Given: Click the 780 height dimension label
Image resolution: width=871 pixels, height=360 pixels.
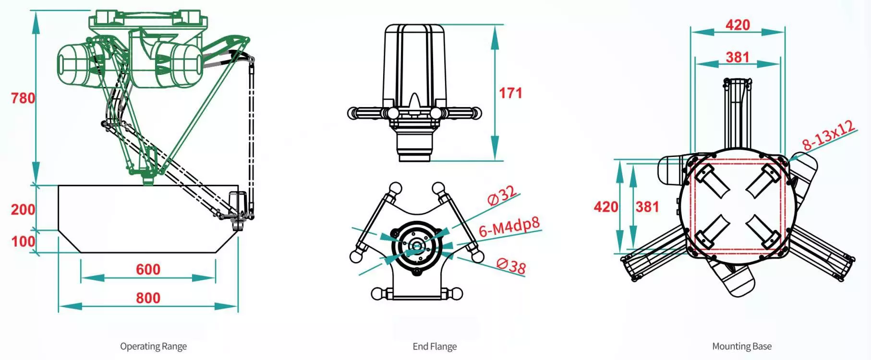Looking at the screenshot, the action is coord(23,98).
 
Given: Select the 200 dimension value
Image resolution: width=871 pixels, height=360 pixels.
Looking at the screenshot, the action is coord(23,209).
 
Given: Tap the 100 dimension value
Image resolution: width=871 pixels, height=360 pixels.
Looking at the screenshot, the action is coord(23,241).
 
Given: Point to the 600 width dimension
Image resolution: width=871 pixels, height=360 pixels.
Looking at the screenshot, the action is coord(148,269).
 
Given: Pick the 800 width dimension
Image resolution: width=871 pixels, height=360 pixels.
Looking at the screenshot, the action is coord(148,298).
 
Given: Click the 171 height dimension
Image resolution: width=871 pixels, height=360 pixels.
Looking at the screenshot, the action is coord(510,93).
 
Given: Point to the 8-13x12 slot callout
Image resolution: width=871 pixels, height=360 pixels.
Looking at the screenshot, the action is coord(828,135).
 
